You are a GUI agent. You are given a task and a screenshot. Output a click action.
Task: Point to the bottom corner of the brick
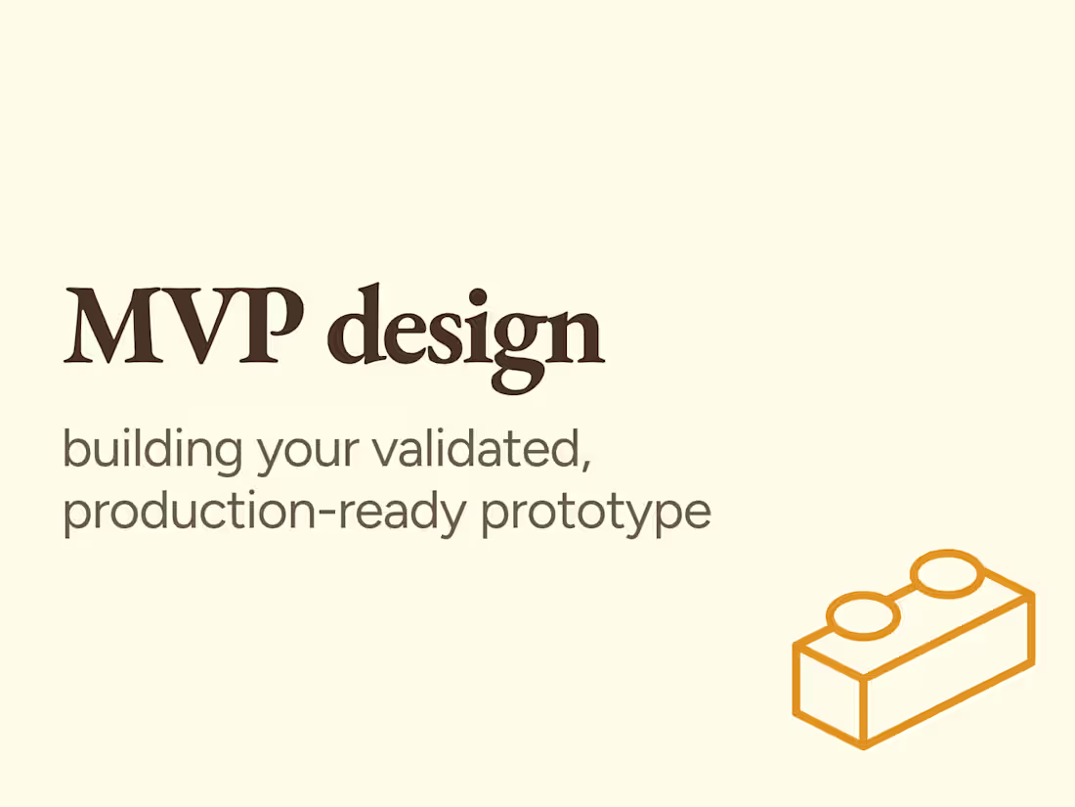pyautogui.click(x=865, y=746)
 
